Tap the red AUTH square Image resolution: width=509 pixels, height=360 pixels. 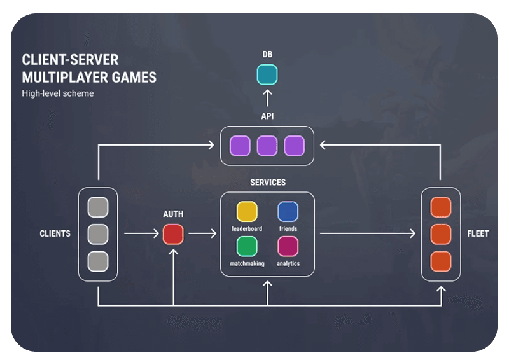[173, 234]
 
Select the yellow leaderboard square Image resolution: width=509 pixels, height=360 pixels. [247, 212]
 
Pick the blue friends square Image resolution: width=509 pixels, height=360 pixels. [288, 212]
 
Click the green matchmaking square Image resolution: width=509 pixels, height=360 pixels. [247, 246]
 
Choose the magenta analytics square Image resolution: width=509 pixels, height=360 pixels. [288, 246]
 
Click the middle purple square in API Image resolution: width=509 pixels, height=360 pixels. [267, 146]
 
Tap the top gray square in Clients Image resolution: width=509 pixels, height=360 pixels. [98, 207]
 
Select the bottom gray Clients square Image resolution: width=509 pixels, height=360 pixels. [98, 261]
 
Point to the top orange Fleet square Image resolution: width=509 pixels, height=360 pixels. [441, 207]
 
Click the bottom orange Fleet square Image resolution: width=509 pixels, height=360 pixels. [441, 261]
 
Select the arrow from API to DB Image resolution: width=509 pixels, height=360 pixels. [267, 97]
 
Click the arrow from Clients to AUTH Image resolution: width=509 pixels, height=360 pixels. [141, 234]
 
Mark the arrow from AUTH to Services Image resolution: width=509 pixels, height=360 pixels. [202, 234]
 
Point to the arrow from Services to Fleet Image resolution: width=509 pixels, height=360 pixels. [368, 234]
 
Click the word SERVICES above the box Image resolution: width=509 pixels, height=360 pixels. [268, 183]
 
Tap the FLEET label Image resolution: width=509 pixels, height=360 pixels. [478, 233]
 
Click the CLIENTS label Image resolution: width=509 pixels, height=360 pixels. [55, 233]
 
